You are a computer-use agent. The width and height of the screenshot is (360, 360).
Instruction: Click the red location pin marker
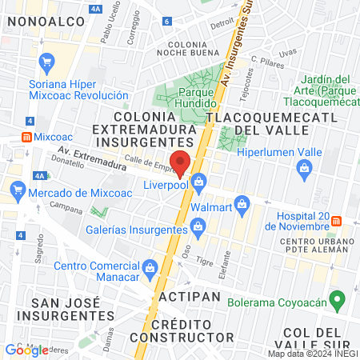tap(181, 162)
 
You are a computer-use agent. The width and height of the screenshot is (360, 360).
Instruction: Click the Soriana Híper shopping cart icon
tap(46, 61)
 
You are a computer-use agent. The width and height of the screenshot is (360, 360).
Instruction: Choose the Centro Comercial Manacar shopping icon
tap(151, 266)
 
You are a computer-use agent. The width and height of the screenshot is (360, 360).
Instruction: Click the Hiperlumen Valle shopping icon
tap(304, 168)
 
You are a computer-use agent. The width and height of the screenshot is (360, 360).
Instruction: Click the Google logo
tap(26, 350)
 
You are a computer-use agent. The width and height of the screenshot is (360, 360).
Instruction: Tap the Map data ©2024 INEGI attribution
tap(313, 354)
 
